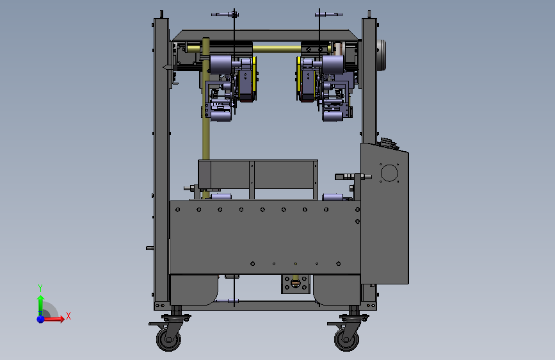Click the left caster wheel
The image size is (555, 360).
pyautogui.click(x=168, y=340)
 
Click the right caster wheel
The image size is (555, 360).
pyautogui.click(x=346, y=340)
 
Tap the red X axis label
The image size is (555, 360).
pyautogui.click(x=68, y=316)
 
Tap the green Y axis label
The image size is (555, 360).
pyautogui.click(x=40, y=288)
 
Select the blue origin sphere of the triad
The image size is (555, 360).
pyautogui.click(x=41, y=319)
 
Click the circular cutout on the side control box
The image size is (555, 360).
pyautogui.click(x=389, y=173)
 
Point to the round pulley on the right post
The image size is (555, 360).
pyautogui.click(x=382, y=55)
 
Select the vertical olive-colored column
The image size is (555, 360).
pyautogui.click(x=205, y=117)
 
